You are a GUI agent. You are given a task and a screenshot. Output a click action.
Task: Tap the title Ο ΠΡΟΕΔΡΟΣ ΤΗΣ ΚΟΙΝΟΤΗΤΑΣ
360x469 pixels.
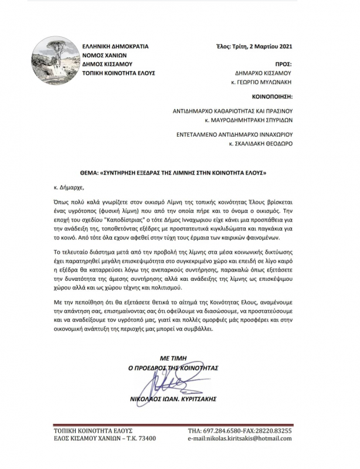click(x=173, y=368)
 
